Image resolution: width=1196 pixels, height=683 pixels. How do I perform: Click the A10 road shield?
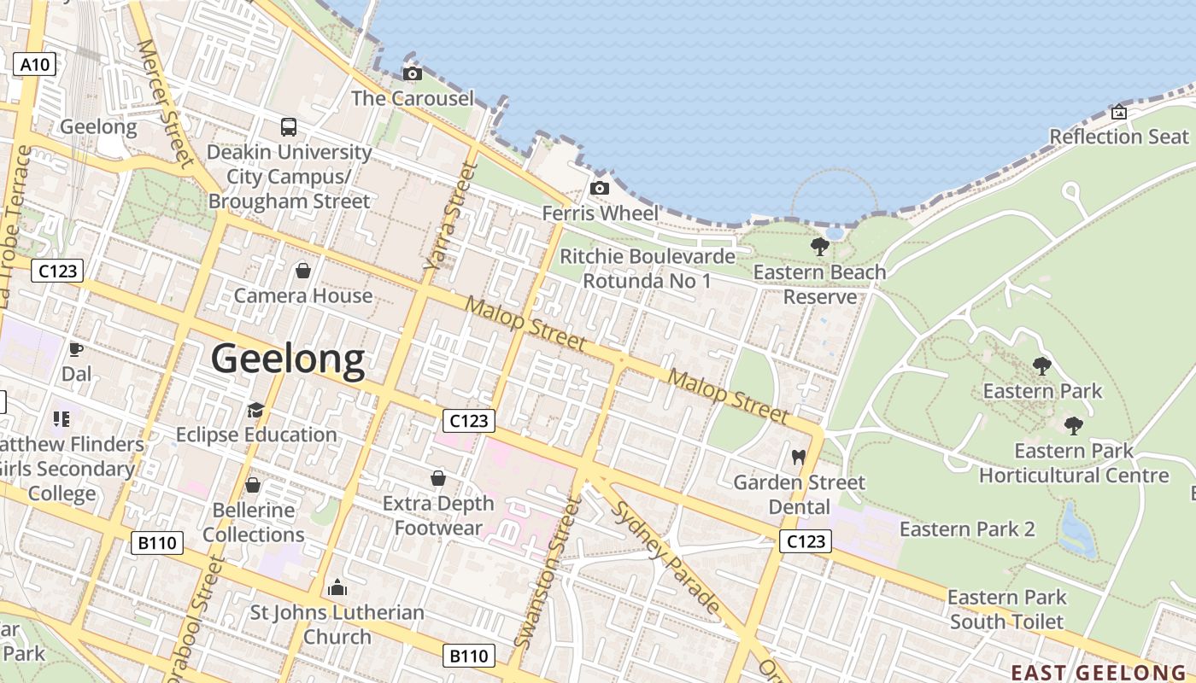point(35,64)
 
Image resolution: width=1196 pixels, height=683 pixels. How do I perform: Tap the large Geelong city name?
point(288,359)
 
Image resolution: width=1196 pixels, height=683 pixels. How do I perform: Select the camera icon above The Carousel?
point(412,74)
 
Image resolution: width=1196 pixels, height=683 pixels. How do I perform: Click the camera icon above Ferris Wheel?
point(600,188)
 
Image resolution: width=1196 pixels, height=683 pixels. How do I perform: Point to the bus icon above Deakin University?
point(289,127)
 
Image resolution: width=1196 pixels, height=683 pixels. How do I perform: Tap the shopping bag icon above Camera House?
point(302,271)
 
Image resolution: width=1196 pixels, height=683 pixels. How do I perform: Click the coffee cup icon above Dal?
point(76,349)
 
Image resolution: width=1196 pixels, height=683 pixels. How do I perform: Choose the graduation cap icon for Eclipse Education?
point(255,411)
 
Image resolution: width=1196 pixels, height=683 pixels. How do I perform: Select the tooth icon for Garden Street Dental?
point(799,458)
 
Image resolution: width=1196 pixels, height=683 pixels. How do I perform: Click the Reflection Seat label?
point(1118,137)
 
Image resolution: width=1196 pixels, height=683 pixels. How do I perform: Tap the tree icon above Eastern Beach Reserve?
point(820,248)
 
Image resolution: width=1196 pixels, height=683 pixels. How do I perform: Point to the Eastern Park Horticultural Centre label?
point(1074,463)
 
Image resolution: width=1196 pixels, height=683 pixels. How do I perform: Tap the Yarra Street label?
point(449,218)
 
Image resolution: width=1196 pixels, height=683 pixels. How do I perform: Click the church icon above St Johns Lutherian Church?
point(337,588)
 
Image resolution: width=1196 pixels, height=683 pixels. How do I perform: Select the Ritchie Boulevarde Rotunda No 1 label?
point(647,268)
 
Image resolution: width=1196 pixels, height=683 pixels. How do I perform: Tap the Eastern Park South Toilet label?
point(1007,610)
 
